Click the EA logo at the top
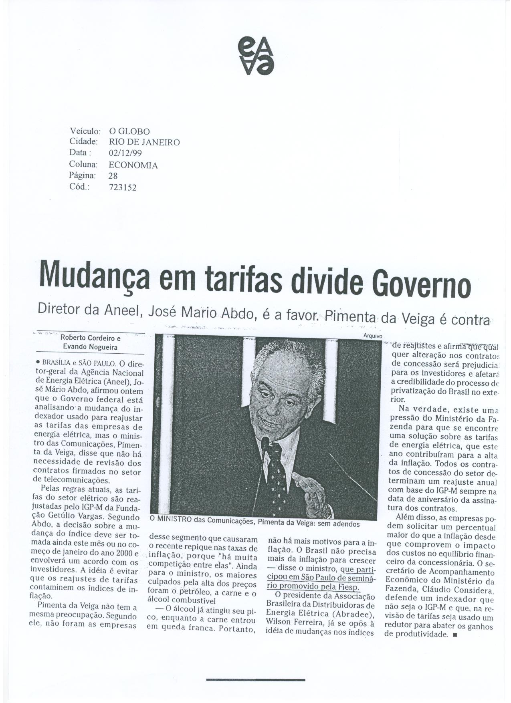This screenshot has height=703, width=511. pyautogui.click(x=256, y=55)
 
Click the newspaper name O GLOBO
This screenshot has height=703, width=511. pyautogui.click(x=129, y=131)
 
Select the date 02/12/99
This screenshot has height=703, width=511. pyautogui.click(x=125, y=153)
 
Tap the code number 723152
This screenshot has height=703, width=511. pyautogui.click(x=123, y=187)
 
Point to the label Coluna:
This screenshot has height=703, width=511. pyautogui.click(x=83, y=165)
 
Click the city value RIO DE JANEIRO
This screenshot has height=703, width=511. pyautogui.click(x=144, y=142)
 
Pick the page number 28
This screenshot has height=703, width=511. pyautogui.click(x=113, y=176)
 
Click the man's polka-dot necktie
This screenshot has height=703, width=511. pyautogui.click(x=277, y=477)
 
